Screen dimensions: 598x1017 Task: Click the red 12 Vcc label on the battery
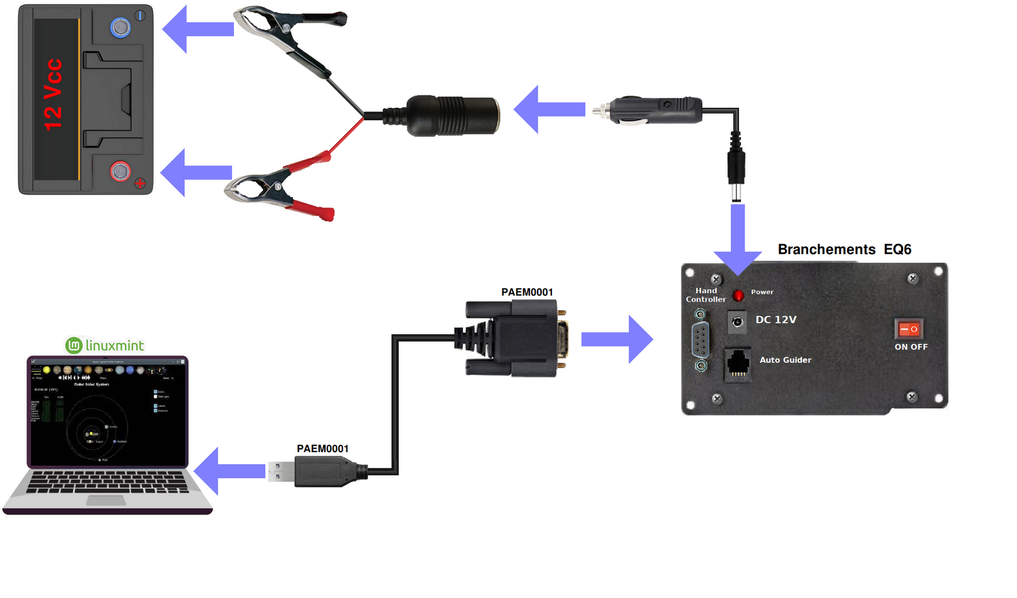click(x=53, y=95)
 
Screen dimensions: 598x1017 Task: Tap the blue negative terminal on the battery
click(x=121, y=28)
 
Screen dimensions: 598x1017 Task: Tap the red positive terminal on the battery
click(x=121, y=171)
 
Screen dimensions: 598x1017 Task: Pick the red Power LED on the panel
click(x=738, y=295)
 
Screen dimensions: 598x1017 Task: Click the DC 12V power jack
click(x=737, y=322)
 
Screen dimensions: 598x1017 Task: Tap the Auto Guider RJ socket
click(x=738, y=364)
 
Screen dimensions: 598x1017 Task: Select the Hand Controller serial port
click(x=701, y=340)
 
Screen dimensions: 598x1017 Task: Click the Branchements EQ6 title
click(x=844, y=250)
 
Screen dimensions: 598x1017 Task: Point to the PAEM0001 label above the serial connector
click(x=527, y=292)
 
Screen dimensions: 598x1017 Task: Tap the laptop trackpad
click(x=106, y=500)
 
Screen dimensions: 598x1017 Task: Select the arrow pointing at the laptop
click(x=231, y=471)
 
